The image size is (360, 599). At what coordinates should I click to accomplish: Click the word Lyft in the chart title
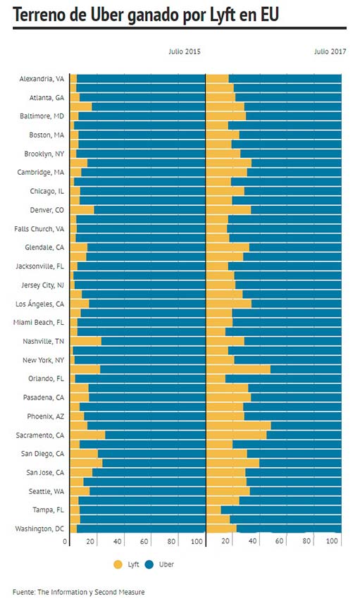(225, 15)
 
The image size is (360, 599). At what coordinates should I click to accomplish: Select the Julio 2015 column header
(185, 51)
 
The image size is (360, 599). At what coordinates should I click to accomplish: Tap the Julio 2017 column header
(330, 51)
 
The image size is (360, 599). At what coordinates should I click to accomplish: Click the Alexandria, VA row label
(42, 79)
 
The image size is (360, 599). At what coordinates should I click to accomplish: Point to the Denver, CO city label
(47, 210)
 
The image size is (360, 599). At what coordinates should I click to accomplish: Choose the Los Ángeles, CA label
(39, 304)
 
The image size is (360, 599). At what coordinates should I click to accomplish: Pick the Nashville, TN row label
(44, 341)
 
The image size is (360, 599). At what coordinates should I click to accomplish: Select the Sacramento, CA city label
(40, 435)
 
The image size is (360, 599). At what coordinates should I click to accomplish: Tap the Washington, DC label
(39, 529)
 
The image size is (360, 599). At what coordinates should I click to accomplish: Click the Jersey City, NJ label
(43, 285)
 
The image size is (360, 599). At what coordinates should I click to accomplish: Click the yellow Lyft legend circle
(118, 564)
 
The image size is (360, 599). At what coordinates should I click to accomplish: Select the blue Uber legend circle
(149, 564)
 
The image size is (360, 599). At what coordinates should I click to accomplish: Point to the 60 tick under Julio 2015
(144, 541)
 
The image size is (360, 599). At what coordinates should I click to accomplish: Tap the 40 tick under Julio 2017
(252, 541)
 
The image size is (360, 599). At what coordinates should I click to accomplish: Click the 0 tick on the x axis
(65, 541)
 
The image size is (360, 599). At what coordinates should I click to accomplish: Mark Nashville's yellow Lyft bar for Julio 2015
(86, 341)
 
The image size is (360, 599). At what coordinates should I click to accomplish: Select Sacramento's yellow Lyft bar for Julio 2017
(236, 435)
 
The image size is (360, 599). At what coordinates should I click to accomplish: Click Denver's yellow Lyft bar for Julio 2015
(82, 210)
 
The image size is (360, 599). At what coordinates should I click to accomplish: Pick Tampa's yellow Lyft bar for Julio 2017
(213, 510)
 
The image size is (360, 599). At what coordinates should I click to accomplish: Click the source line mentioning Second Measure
(79, 592)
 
